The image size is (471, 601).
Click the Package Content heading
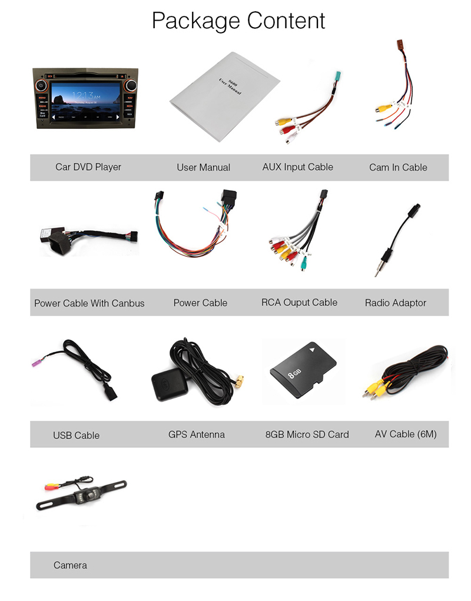(238, 21)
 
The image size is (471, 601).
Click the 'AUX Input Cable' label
(297, 167)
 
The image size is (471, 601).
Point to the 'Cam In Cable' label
(398, 167)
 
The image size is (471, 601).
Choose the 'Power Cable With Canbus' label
(89, 303)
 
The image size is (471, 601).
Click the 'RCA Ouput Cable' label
(299, 303)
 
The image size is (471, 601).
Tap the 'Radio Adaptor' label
(395, 303)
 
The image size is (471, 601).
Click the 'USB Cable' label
(76, 436)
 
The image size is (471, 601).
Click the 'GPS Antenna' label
(196, 434)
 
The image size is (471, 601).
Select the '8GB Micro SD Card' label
(307, 434)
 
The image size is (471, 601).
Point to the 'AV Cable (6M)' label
(406, 434)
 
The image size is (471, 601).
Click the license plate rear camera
(82, 493)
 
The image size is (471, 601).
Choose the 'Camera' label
(70, 565)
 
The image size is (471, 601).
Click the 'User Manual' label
(203, 167)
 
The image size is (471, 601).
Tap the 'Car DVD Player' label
(88, 167)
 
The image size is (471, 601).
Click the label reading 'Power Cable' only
(200, 303)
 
